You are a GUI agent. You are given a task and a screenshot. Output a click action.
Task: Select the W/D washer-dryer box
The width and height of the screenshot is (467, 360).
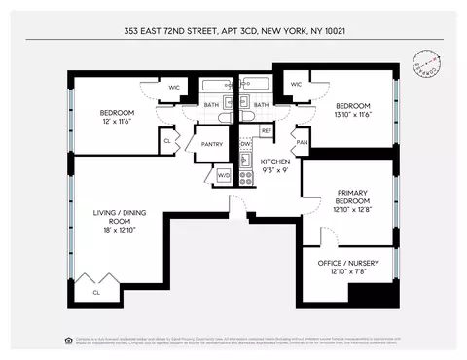point(223,175)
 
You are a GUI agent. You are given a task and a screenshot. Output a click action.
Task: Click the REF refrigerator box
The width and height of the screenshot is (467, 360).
point(266,129)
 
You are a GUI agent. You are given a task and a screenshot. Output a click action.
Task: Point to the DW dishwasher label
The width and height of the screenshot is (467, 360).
point(246,144)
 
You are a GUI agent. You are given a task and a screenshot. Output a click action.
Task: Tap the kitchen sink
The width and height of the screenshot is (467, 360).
point(246,160)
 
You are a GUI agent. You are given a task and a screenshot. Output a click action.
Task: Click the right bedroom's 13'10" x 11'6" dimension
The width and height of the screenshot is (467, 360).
point(353,115)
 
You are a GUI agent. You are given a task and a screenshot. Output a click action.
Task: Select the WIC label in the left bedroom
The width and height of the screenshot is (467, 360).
point(175,88)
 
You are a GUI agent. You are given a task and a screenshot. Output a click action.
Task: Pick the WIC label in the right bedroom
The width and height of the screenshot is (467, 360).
point(296,85)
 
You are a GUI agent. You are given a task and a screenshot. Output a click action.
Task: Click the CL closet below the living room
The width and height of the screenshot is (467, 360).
point(95,291)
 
